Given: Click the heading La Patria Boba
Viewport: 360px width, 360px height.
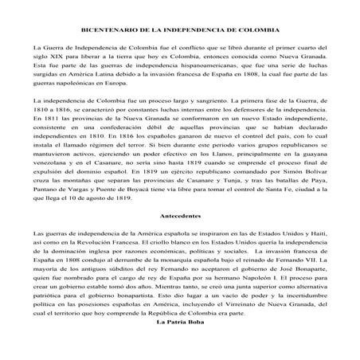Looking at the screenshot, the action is click(x=178, y=345).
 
